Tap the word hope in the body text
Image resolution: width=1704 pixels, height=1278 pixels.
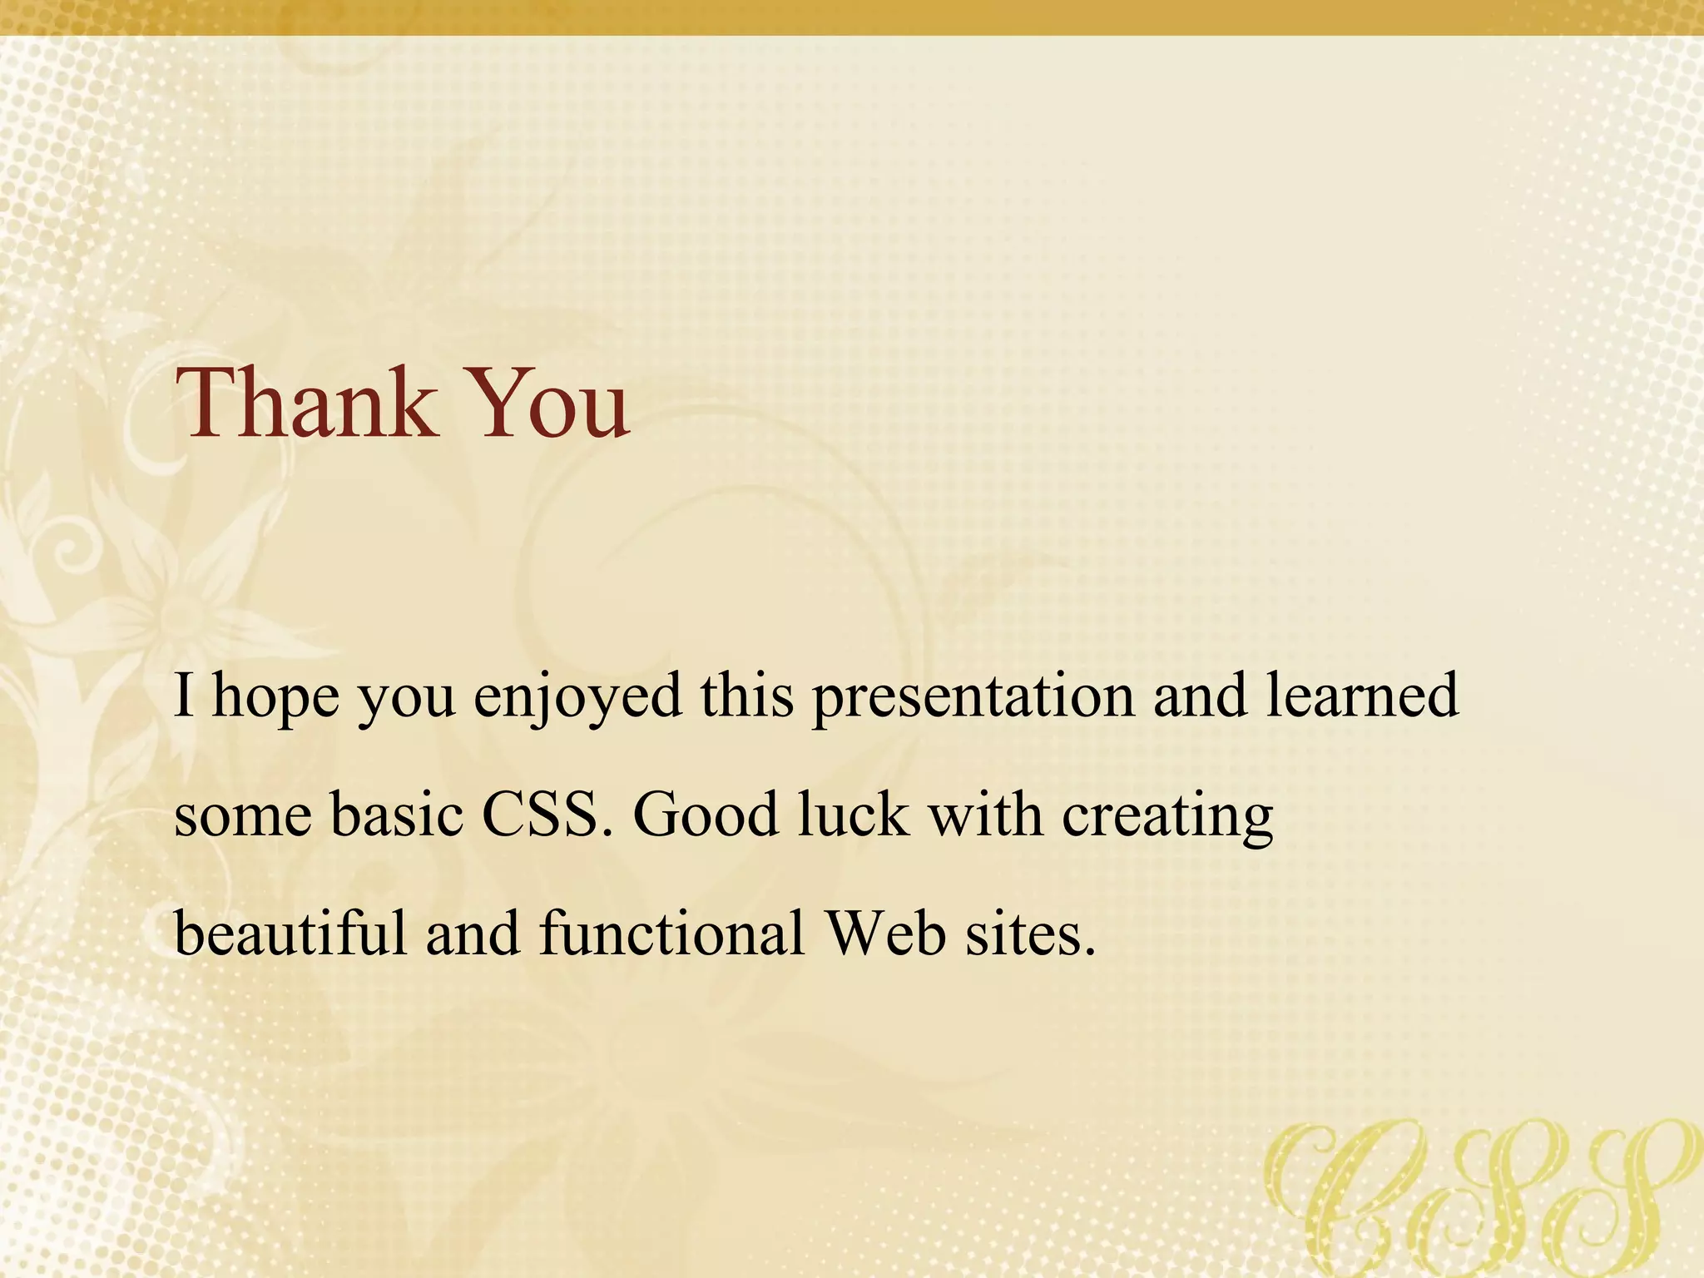pos(276,697)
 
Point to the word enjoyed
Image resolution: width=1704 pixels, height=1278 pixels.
pos(577,697)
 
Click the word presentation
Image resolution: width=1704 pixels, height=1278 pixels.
pos(973,697)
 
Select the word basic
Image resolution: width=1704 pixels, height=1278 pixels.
pos(397,815)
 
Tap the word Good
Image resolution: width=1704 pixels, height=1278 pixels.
pos(706,815)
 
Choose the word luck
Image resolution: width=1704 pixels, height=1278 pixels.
pos(853,815)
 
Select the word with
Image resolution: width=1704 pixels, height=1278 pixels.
pos(985,815)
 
